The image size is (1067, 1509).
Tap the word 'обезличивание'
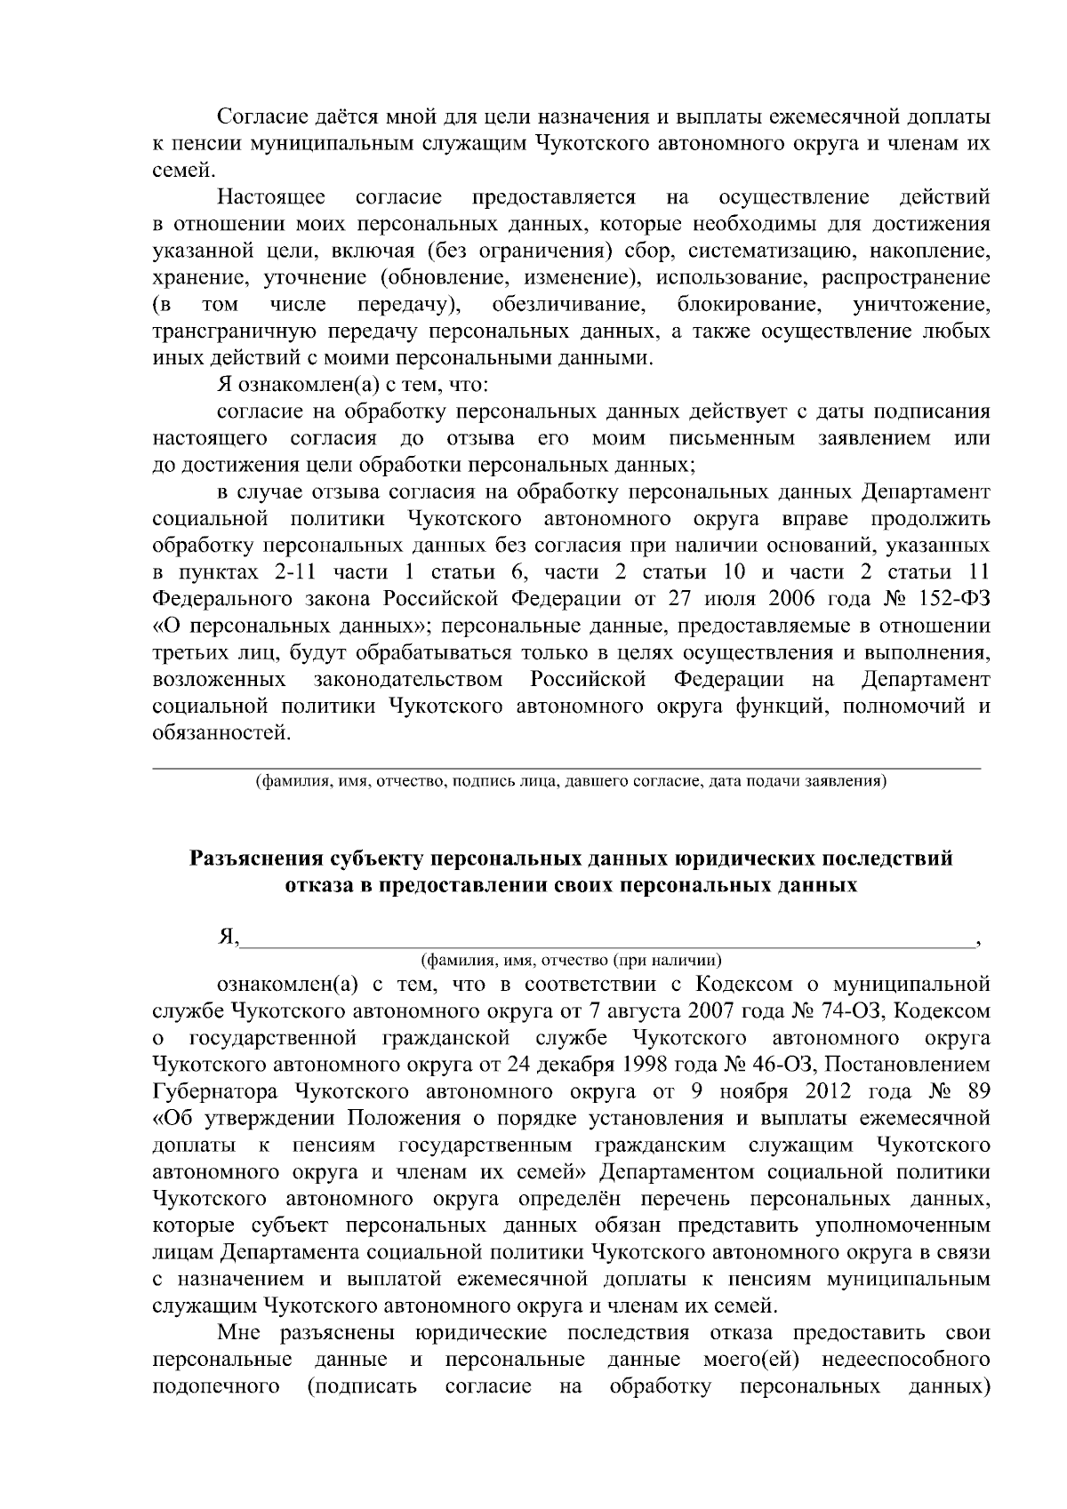click(x=568, y=305)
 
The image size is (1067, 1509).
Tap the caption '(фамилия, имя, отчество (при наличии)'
click(x=570, y=961)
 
